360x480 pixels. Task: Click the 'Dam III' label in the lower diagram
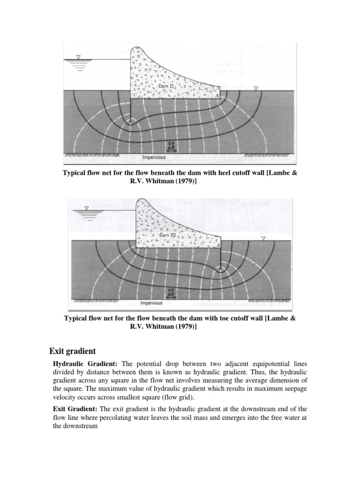pos(167,234)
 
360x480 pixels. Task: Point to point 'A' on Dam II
pos(217,96)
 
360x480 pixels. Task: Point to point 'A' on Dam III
pos(217,244)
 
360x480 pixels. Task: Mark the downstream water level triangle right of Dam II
pos(255,88)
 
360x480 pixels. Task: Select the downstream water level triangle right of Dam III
pos(263,238)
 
